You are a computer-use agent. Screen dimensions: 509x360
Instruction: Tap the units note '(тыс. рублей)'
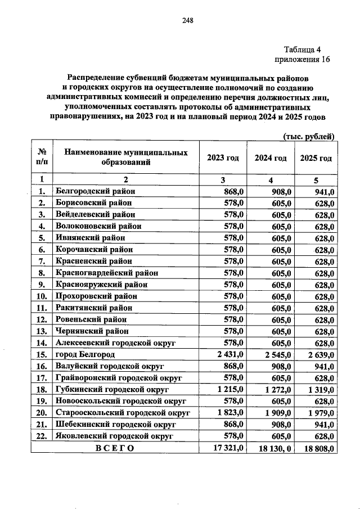pos(308,136)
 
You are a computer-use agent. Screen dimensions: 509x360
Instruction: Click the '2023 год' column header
pos(223,158)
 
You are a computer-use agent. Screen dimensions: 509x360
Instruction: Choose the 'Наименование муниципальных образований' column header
pos(125,158)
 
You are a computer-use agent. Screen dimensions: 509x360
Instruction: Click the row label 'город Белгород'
pos(85,354)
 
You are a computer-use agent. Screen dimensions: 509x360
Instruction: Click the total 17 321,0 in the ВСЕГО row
pos(227,448)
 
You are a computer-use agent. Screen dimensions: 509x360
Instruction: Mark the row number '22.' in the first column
pos(42,436)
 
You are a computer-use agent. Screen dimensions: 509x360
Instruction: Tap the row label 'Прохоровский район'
pos(96,296)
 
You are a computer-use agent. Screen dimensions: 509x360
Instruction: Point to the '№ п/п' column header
pos(42,158)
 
